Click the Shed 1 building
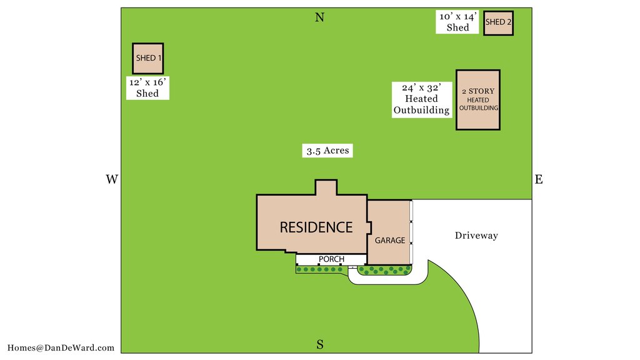(x=147, y=58)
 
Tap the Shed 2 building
(x=498, y=23)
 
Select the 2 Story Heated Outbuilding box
(x=478, y=100)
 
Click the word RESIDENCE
(x=316, y=227)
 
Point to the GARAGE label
(x=390, y=241)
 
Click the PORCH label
(x=331, y=259)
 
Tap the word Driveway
(x=476, y=236)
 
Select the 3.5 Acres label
(x=327, y=151)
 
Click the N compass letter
(x=319, y=17)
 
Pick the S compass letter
(x=320, y=345)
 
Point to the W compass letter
(x=112, y=179)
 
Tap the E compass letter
(x=539, y=179)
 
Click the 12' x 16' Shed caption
(x=147, y=87)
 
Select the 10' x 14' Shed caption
(x=457, y=22)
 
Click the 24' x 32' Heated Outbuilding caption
(x=422, y=99)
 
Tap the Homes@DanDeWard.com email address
(x=61, y=347)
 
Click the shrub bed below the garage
(x=384, y=270)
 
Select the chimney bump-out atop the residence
(x=326, y=187)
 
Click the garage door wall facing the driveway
(x=411, y=232)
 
